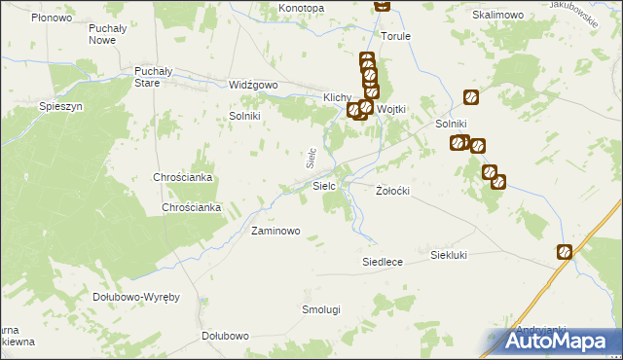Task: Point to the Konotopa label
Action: [301, 8]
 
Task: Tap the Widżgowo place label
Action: [253, 85]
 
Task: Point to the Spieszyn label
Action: [58, 105]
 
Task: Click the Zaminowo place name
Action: [275, 232]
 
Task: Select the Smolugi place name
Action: [320, 309]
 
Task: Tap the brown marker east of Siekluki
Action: [565, 252]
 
